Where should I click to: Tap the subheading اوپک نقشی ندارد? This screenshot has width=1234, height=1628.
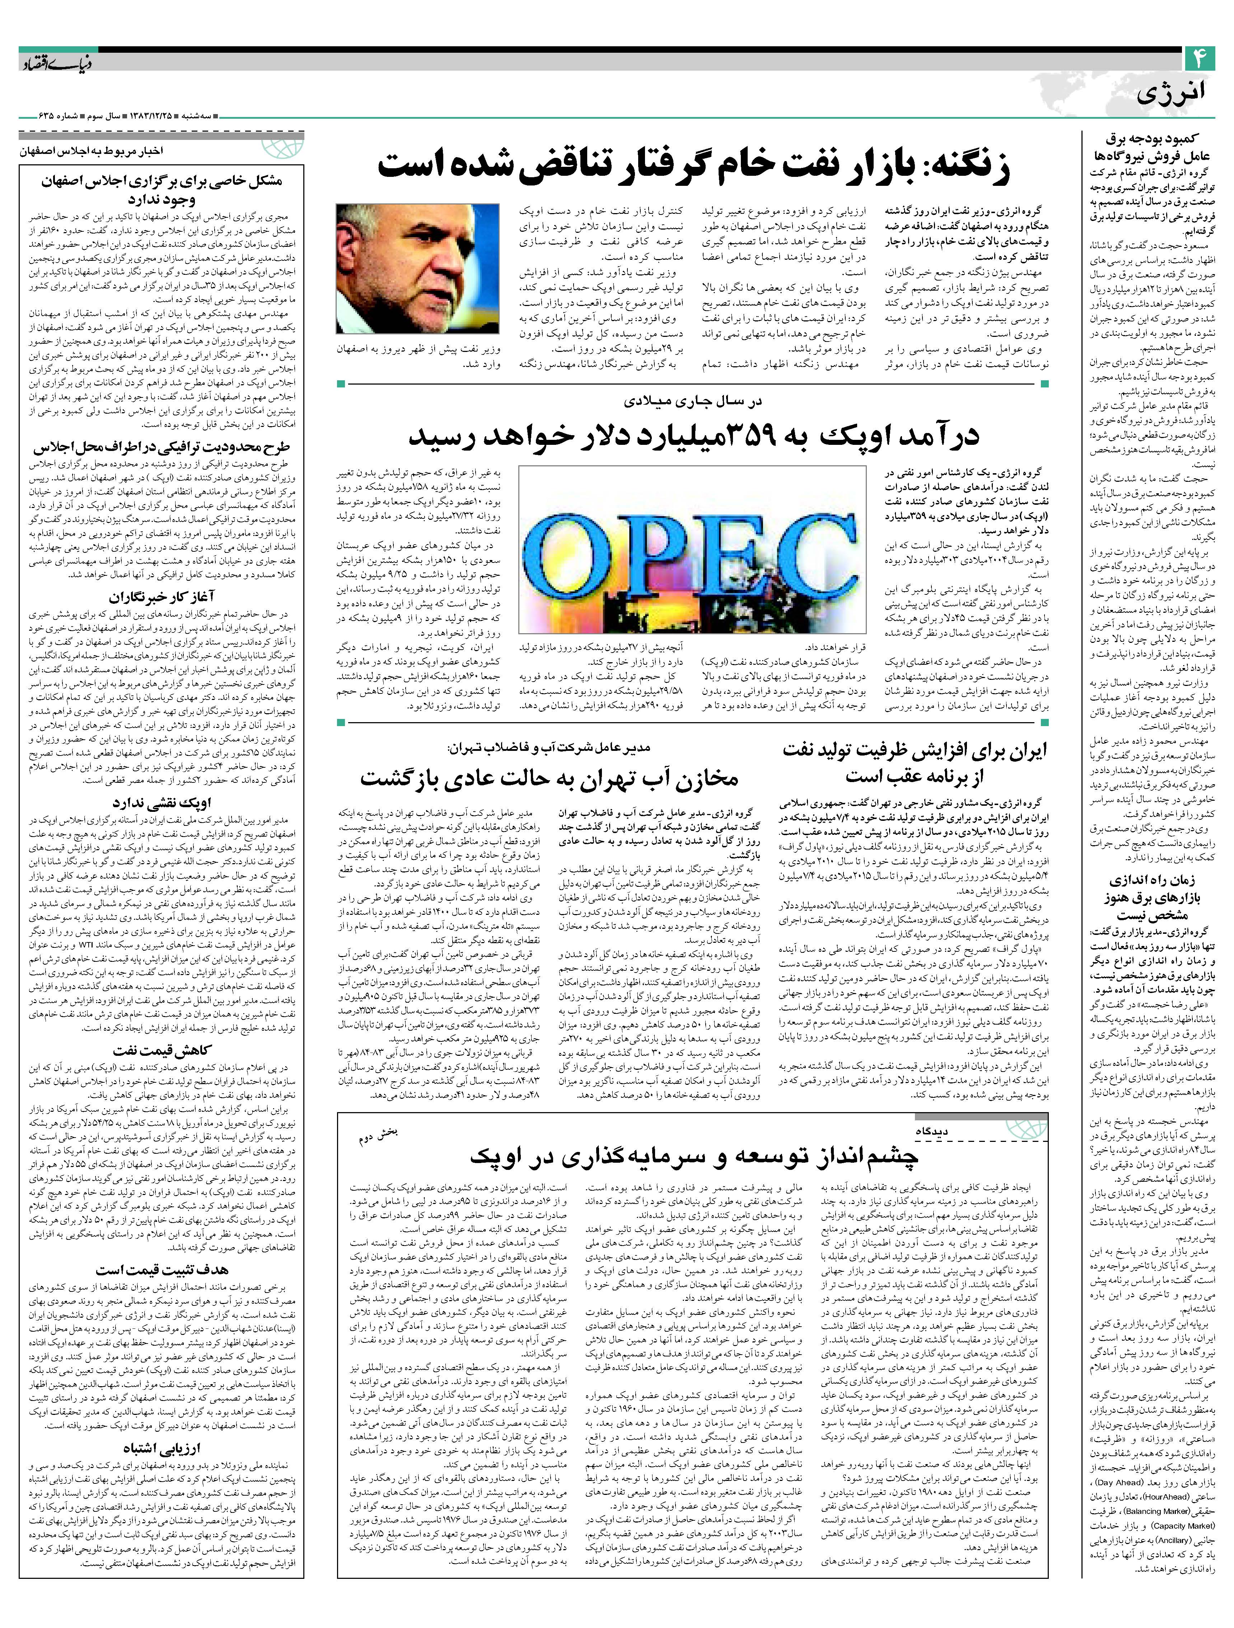(x=162, y=803)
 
